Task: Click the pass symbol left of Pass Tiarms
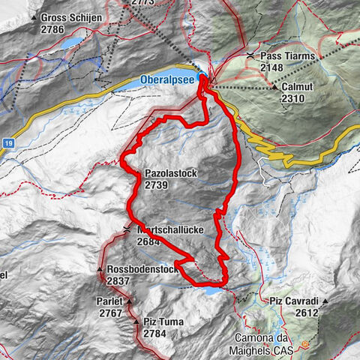pos(250,56)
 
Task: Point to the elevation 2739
pos(157,184)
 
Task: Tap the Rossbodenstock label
pos(141,269)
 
